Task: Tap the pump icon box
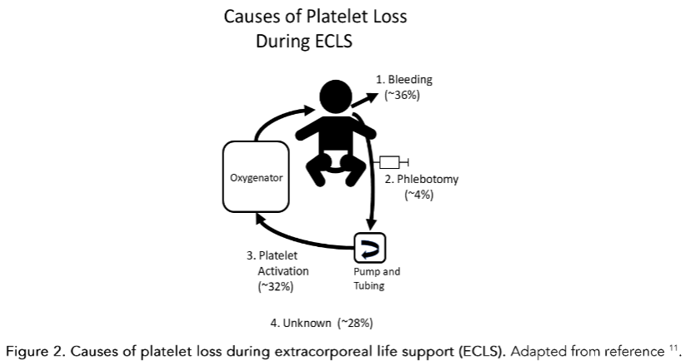click(x=372, y=247)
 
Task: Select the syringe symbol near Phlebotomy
click(x=393, y=161)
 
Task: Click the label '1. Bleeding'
click(x=404, y=80)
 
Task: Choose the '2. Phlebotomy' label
click(x=422, y=179)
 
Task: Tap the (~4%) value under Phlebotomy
click(x=418, y=195)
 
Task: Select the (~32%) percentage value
click(x=276, y=287)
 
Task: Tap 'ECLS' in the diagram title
click(x=328, y=41)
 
